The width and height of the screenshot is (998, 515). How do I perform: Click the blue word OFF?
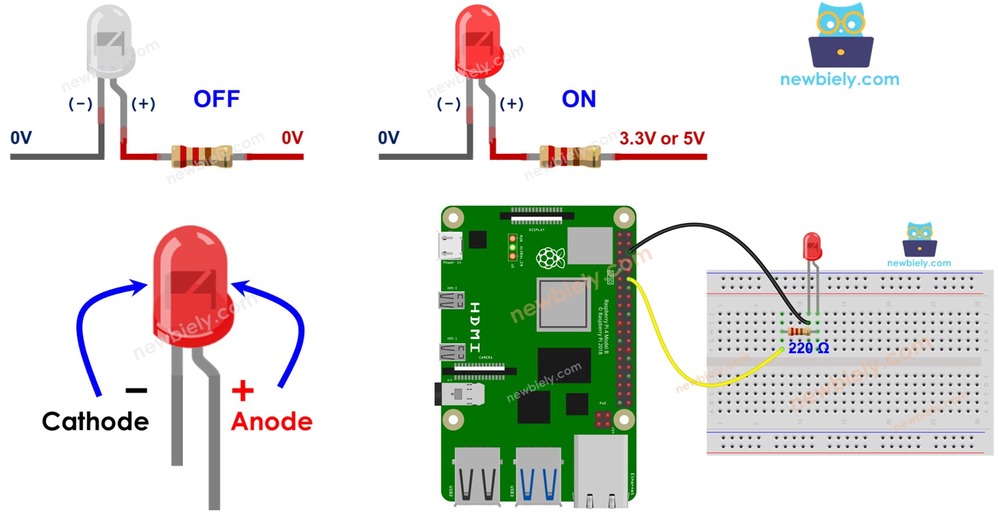tap(216, 99)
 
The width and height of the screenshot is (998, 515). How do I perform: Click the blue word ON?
tap(579, 99)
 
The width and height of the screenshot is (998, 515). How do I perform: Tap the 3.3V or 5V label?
tap(661, 138)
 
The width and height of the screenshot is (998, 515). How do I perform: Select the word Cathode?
tap(95, 421)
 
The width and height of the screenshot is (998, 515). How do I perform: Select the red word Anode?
tap(271, 422)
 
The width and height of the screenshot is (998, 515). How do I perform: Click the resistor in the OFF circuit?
tap(202, 156)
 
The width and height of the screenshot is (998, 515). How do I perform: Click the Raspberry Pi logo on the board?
tap(550, 258)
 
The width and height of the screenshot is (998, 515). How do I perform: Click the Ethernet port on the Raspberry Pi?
tap(601, 470)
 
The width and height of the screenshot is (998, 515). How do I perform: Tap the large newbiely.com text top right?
tap(839, 79)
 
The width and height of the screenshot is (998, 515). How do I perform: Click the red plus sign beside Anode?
tap(242, 390)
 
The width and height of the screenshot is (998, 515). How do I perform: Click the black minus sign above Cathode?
tap(136, 390)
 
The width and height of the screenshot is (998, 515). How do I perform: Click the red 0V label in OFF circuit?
tap(292, 138)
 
